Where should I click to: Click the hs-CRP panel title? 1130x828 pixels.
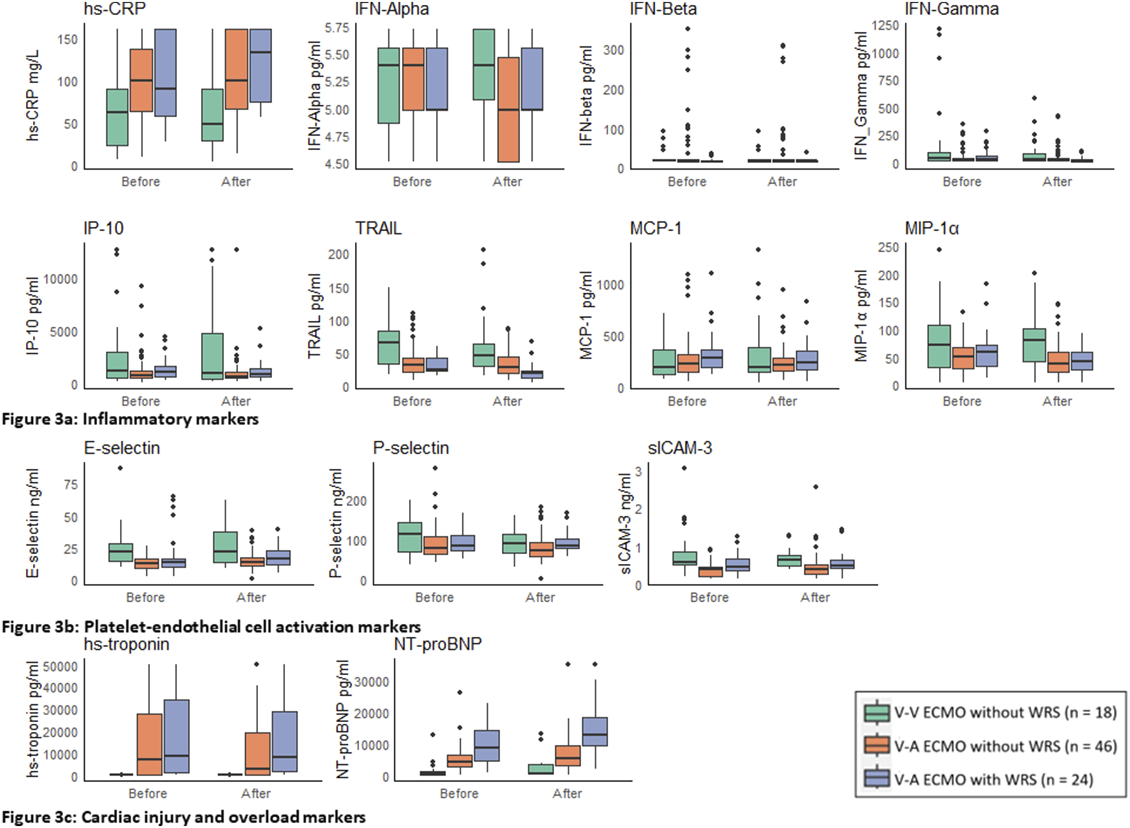[115, 9]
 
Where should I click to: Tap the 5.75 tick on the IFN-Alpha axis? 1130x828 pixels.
[336, 28]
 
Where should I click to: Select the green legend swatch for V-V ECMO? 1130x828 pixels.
[877, 712]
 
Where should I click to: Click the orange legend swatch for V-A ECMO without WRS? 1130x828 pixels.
[877, 746]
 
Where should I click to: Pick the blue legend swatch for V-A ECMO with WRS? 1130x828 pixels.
[877, 779]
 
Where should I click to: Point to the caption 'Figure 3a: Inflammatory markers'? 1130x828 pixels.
[130, 419]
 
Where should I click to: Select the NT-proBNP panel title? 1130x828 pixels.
[437, 644]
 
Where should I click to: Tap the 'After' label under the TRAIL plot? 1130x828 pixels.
[507, 401]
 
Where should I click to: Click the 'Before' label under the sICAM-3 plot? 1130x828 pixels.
[709, 597]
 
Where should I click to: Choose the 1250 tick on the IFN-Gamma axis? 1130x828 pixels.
[885, 26]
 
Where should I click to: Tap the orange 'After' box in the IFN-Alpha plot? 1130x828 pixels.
[508, 109]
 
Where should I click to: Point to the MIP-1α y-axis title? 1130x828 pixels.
[861, 316]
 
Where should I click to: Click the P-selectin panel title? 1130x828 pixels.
[411, 448]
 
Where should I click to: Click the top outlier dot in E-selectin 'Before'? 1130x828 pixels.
[120, 468]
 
